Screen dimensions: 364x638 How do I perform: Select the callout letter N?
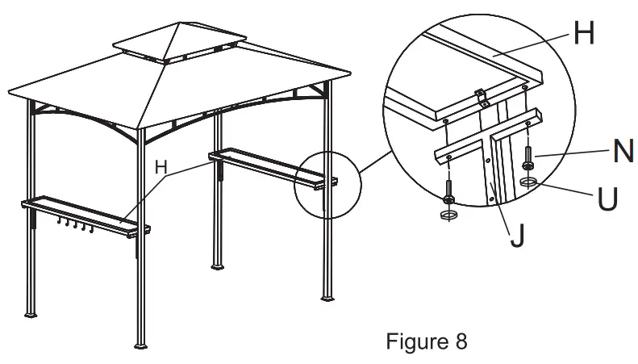tap(622, 151)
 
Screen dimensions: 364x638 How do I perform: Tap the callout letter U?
tap(609, 198)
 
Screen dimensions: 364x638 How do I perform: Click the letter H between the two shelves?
tap(161, 167)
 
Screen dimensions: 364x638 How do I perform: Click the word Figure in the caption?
tap(409, 341)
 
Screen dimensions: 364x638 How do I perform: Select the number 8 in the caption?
tap(459, 341)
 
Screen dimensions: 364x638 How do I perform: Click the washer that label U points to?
tap(529, 182)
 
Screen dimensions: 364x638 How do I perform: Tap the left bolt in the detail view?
tap(448, 191)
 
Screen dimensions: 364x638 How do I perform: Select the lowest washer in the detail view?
tap(448, 215)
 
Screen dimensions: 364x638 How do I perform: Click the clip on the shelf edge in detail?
tap(482, 98)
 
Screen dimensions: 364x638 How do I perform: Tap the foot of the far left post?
tap(31, 312)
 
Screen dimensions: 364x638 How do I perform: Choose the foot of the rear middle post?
tap(217, 265)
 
